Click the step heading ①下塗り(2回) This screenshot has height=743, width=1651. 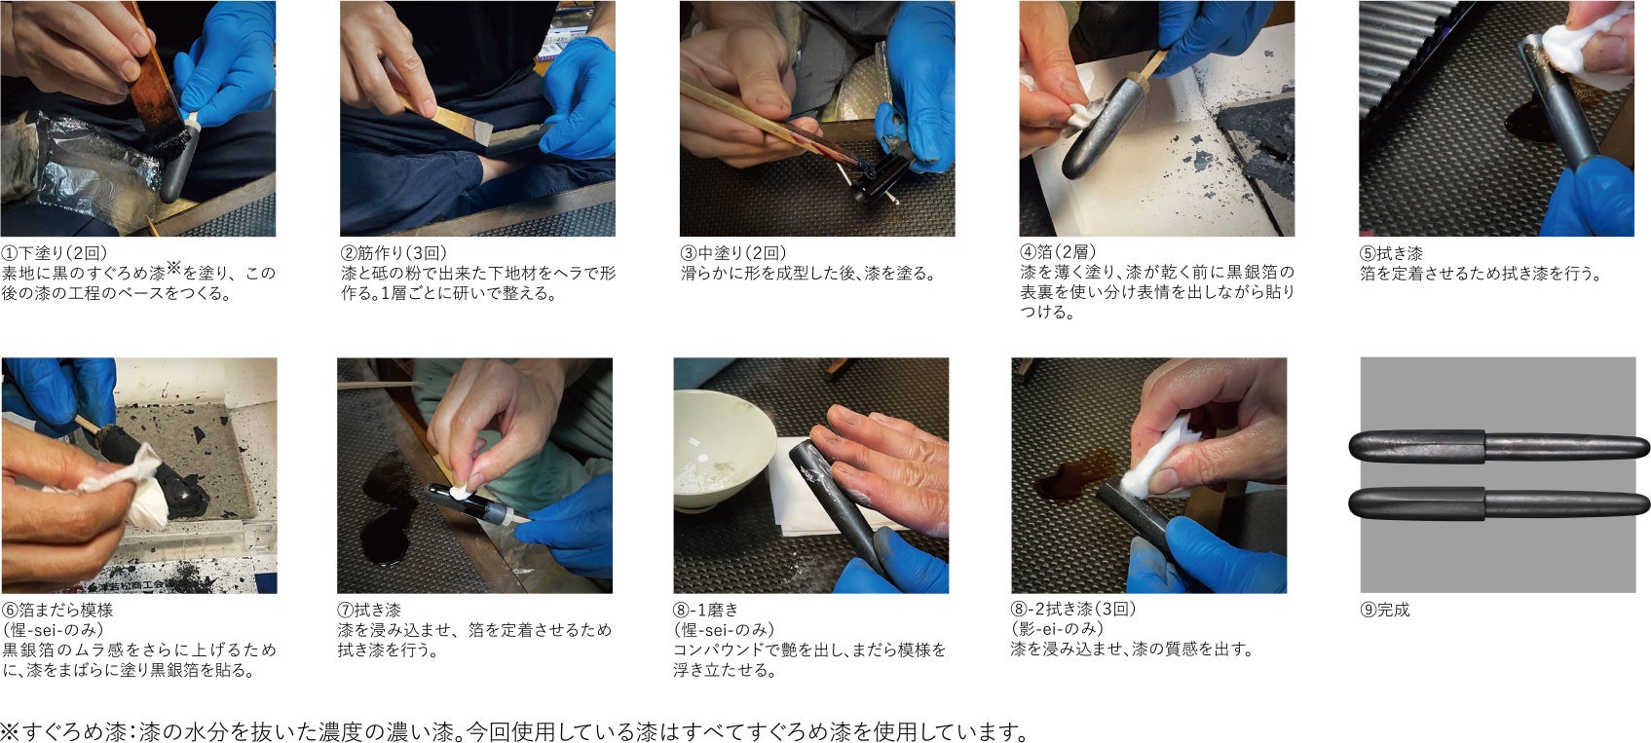coord(55,253)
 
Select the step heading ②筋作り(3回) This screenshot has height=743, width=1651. coord(394,253)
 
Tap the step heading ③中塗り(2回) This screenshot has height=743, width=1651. coord(733,253)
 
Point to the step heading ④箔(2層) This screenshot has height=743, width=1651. coord(1059,252)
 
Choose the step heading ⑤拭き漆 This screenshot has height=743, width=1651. coord(1391,253)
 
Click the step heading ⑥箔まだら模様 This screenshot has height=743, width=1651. coord(57,611)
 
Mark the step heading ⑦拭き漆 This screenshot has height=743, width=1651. coord(369,611)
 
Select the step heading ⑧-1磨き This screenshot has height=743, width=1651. coord(705,611)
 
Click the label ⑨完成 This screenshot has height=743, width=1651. coord(1385,611)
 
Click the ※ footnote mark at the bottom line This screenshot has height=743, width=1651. coord(11,732)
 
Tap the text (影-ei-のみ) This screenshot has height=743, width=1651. coord(1057,629)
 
